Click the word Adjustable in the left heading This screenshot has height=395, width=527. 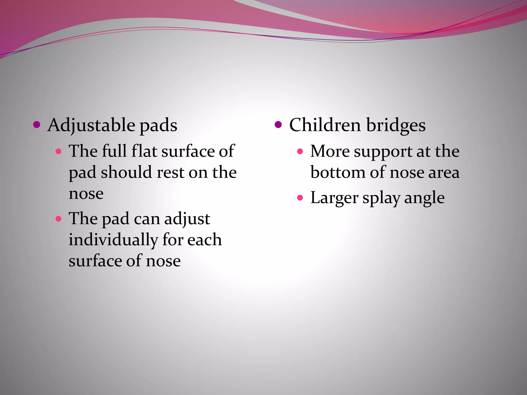click(x=91, y=125)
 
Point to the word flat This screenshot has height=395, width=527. click(x=144, y=151)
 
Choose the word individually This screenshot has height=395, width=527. click(x=113, y=240)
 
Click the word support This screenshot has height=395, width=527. click(x=383, y=151)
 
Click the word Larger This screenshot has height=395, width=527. click(x=334, y=198)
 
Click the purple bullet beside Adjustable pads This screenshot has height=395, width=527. click(x=37, y=125)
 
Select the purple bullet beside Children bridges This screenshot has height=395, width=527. click(x=278, y=125)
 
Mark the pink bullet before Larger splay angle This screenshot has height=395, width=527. click(x=300, y=198)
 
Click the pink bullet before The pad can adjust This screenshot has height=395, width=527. click(x=59, y=219)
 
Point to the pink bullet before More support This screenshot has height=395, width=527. click(x=300, y=151)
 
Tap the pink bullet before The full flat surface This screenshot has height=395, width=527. click(x=59, y=151)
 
